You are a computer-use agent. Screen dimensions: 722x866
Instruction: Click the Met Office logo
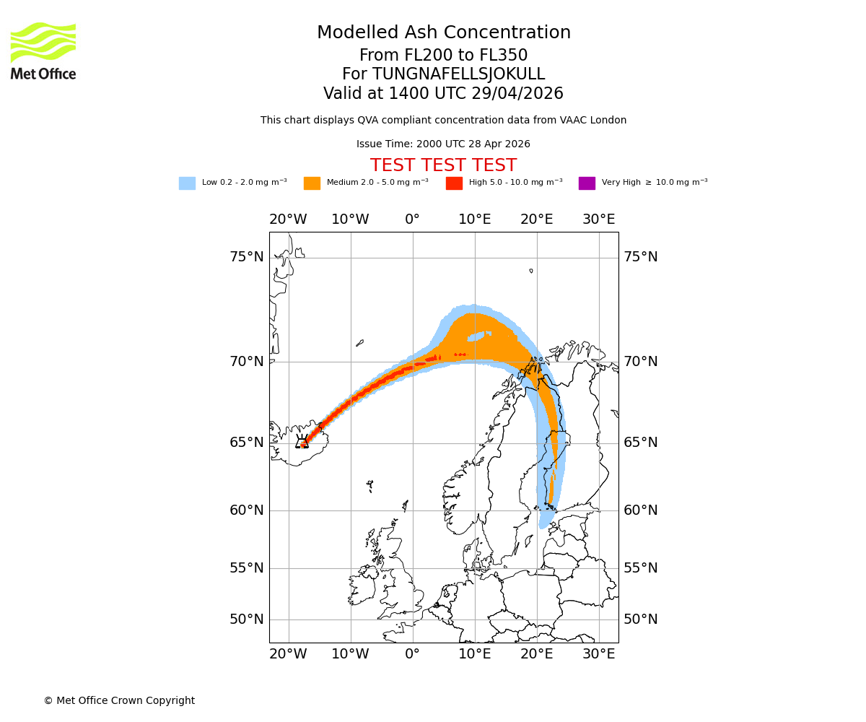[43, 51]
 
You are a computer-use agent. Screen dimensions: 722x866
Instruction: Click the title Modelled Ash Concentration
[443, 33]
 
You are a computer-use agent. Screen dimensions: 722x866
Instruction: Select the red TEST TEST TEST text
[443, 165]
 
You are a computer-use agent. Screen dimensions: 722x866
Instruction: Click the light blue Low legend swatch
[187, 183]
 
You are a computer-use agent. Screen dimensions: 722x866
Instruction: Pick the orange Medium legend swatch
[312, 183]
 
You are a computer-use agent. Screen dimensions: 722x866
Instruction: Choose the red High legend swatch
[454, 183]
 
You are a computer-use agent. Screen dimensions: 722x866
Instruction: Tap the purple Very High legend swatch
[587, 183]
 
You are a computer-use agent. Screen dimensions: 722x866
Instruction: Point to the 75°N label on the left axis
[247, 257]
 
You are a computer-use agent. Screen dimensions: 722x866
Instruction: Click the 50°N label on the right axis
[640, 619]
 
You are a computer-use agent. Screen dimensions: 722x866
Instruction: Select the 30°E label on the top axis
[599, 219]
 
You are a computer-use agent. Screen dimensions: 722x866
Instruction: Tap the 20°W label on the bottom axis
[288, 654]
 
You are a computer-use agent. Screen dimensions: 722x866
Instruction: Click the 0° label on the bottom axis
[412, 654]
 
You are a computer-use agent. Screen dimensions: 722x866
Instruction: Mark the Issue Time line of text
[443, 144]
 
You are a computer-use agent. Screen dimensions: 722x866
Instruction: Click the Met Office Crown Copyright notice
[119, 700]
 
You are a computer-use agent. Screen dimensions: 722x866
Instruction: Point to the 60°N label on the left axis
[247, 510]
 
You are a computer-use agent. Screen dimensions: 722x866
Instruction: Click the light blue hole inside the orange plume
[478, 336]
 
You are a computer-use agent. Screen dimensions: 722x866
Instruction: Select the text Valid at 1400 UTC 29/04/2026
[443, 94]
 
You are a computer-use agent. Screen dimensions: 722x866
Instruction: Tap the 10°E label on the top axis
[474, 219]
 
